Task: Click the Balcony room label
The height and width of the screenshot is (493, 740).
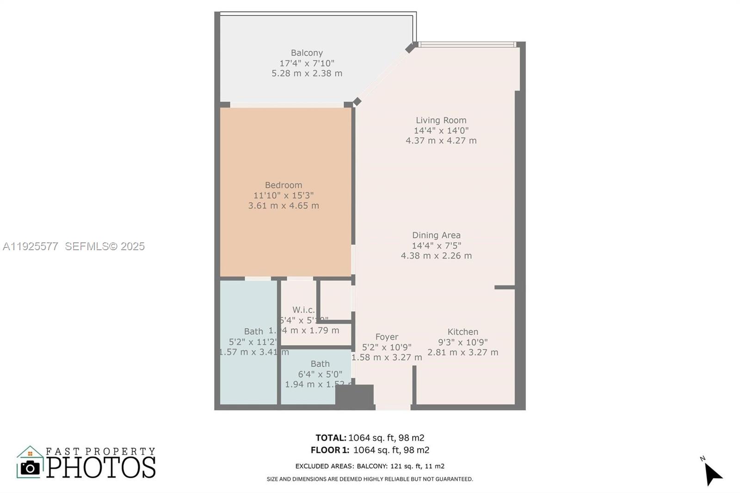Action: (x=307, y=53)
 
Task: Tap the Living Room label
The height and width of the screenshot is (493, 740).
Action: (x=441, y=120)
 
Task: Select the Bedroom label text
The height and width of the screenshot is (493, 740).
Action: (x=284, y=185)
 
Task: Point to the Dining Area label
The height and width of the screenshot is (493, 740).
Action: (x=436, y=235)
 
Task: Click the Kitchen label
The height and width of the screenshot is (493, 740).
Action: (x=462, y=332)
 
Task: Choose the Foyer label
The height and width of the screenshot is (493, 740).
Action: (x=387, y=337)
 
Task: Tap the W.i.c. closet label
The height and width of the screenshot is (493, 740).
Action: (x=303, y=310)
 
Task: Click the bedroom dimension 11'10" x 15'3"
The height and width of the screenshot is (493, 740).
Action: (x=284, y=195)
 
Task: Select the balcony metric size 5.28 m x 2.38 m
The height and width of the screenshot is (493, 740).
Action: (x=307, y=73)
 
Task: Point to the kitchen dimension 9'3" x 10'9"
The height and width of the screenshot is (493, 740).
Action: (x=462, y=342)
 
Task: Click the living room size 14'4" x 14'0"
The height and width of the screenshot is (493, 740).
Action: (x=441, y=130)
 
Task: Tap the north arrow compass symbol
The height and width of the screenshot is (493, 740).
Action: (x=712, y=473)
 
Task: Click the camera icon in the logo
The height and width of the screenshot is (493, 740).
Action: (x=31, y=468)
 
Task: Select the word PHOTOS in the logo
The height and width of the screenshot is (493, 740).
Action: (x=101, y=468)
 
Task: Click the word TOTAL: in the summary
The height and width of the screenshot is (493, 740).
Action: (x=331, y=438)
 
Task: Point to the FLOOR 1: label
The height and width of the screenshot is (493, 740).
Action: (x=330, y=450)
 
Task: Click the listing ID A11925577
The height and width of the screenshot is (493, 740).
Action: (x=31, y=246)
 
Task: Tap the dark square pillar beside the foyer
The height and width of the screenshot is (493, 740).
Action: (x=354, y=396)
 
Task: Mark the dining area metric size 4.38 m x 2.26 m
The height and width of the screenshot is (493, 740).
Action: (x=436, y=256)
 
